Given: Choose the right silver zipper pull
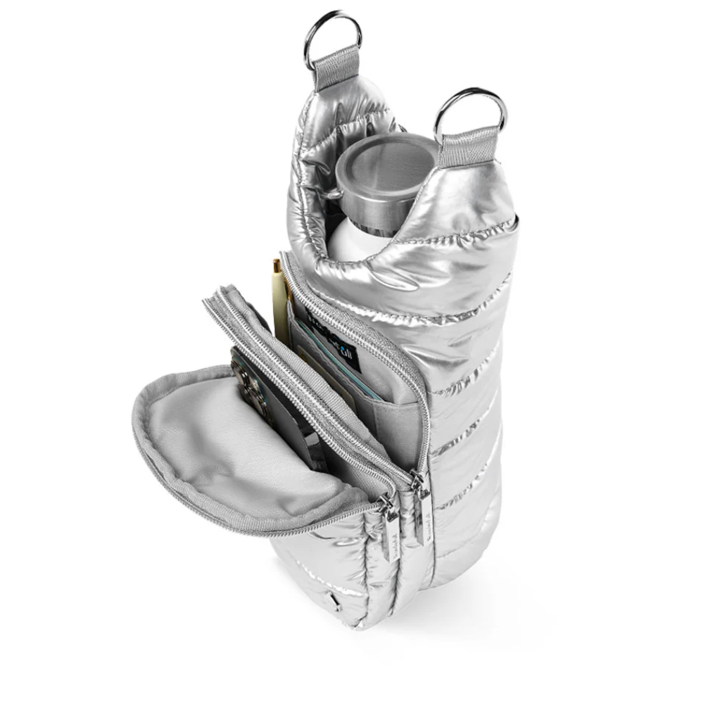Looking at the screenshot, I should [422, 517].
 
